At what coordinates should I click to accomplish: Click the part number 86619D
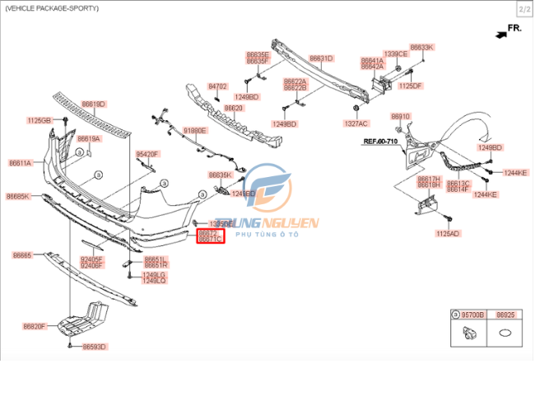(93, 105)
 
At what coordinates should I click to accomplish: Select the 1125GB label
(39, 120)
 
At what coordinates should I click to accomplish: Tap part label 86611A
(20, 163)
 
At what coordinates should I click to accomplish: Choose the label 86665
(21, 255)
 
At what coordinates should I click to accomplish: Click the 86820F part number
(34, 326)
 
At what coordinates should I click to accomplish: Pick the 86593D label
(94, 347)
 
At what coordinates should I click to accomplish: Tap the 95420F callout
(147, 154)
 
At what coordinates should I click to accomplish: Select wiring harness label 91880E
(195, 130)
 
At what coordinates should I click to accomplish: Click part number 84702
(216, 86)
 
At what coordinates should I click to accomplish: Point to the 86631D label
(321, 58)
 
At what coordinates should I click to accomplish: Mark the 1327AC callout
(356, 124)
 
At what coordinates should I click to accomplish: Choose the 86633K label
(421, 47)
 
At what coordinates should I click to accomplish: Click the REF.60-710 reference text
(380, 142)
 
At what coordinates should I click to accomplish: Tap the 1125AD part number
(448, 233)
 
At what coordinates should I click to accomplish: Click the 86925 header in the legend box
(507, 315)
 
